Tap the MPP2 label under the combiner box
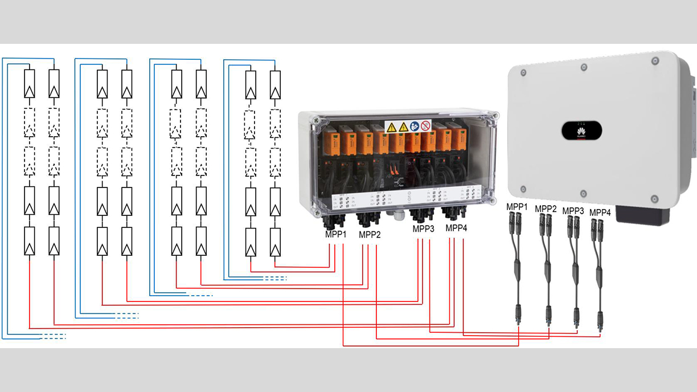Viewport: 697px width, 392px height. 370,234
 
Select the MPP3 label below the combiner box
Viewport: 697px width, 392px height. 424,228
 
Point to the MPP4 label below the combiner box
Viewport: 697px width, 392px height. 456,228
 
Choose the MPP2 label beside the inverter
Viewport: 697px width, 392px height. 546,209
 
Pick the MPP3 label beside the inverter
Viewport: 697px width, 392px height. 573,211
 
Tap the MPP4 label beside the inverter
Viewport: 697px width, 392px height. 600,213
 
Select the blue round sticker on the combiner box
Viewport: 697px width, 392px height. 415,126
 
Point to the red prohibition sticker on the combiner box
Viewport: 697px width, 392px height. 425,126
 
